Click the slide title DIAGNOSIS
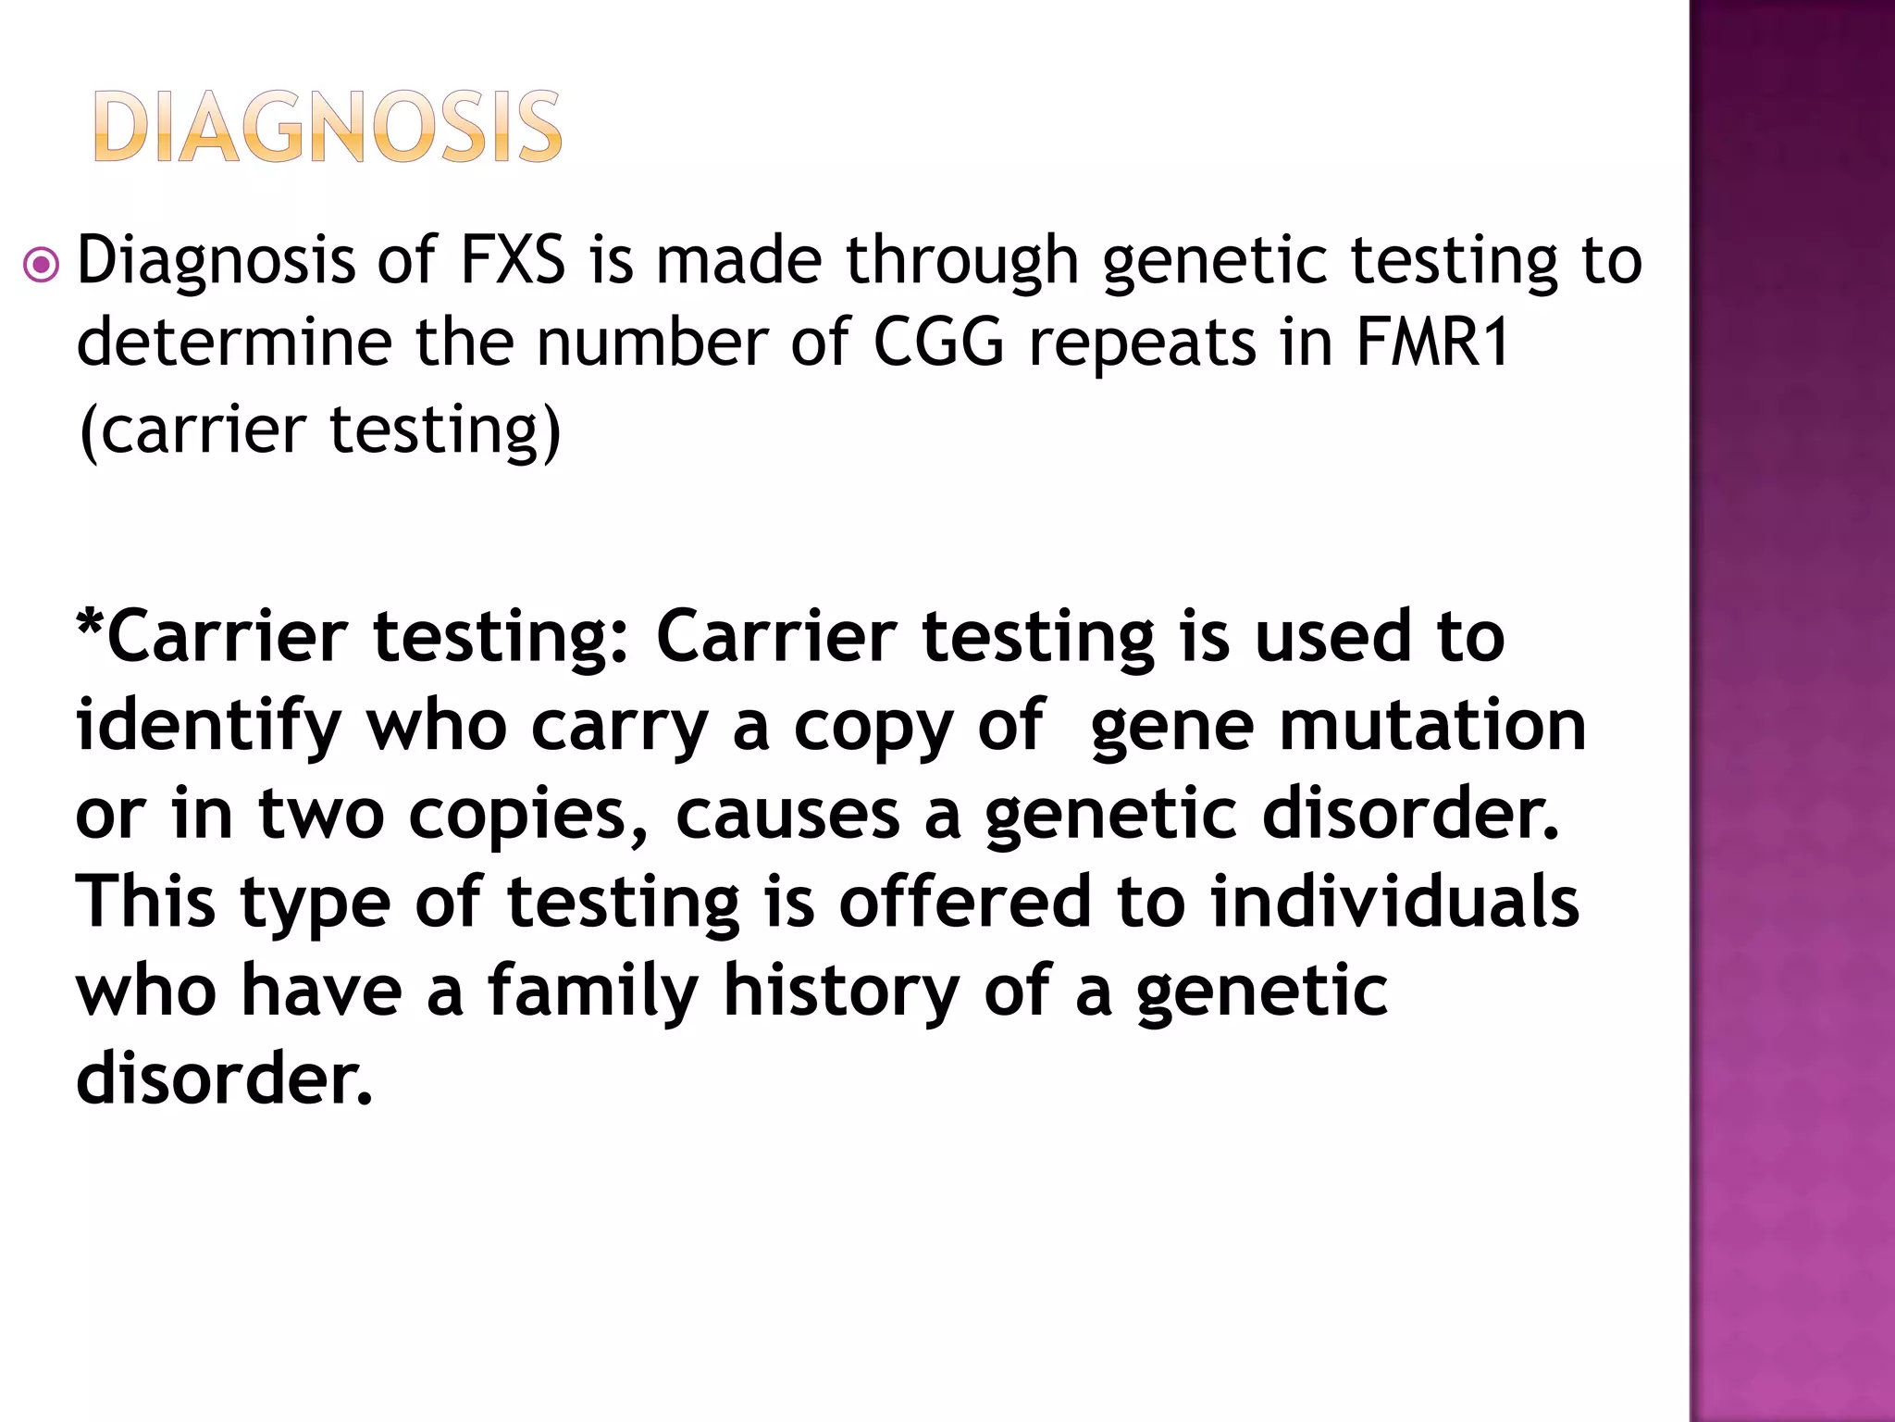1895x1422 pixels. (328, 127)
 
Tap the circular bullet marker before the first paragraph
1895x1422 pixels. (42, 267)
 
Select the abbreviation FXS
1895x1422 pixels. (513, 260)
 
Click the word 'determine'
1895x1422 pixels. (234, 343)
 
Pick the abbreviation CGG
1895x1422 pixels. (938, 343)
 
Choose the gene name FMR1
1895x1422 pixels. (1432, 343)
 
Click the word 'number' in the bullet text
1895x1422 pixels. (651, 343)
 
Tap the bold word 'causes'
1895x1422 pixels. (787, 816)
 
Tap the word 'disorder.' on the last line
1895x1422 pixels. (224, 1079)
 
